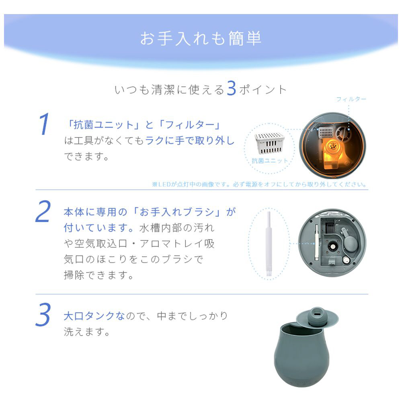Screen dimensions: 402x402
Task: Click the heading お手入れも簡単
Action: tap(201, 39)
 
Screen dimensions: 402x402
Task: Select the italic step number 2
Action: tap(43, 211)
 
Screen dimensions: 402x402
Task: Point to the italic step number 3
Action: tap(43, 315)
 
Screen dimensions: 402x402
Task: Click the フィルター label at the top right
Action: tap(351, 99)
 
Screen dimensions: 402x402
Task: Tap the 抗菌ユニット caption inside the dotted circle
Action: tap(270, 161)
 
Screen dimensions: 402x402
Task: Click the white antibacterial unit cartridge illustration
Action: tap(269, 143)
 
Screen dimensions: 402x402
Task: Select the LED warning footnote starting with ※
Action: tap(259, 185)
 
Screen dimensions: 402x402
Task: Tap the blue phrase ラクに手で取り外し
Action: tap(190, 140)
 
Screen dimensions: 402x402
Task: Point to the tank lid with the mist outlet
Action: tap(318, 317)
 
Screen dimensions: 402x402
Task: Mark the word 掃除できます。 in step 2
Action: tap(99, 275)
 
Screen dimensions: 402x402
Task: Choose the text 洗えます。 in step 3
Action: tap(87, 332)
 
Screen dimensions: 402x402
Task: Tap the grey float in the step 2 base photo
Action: tap(350, 243)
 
